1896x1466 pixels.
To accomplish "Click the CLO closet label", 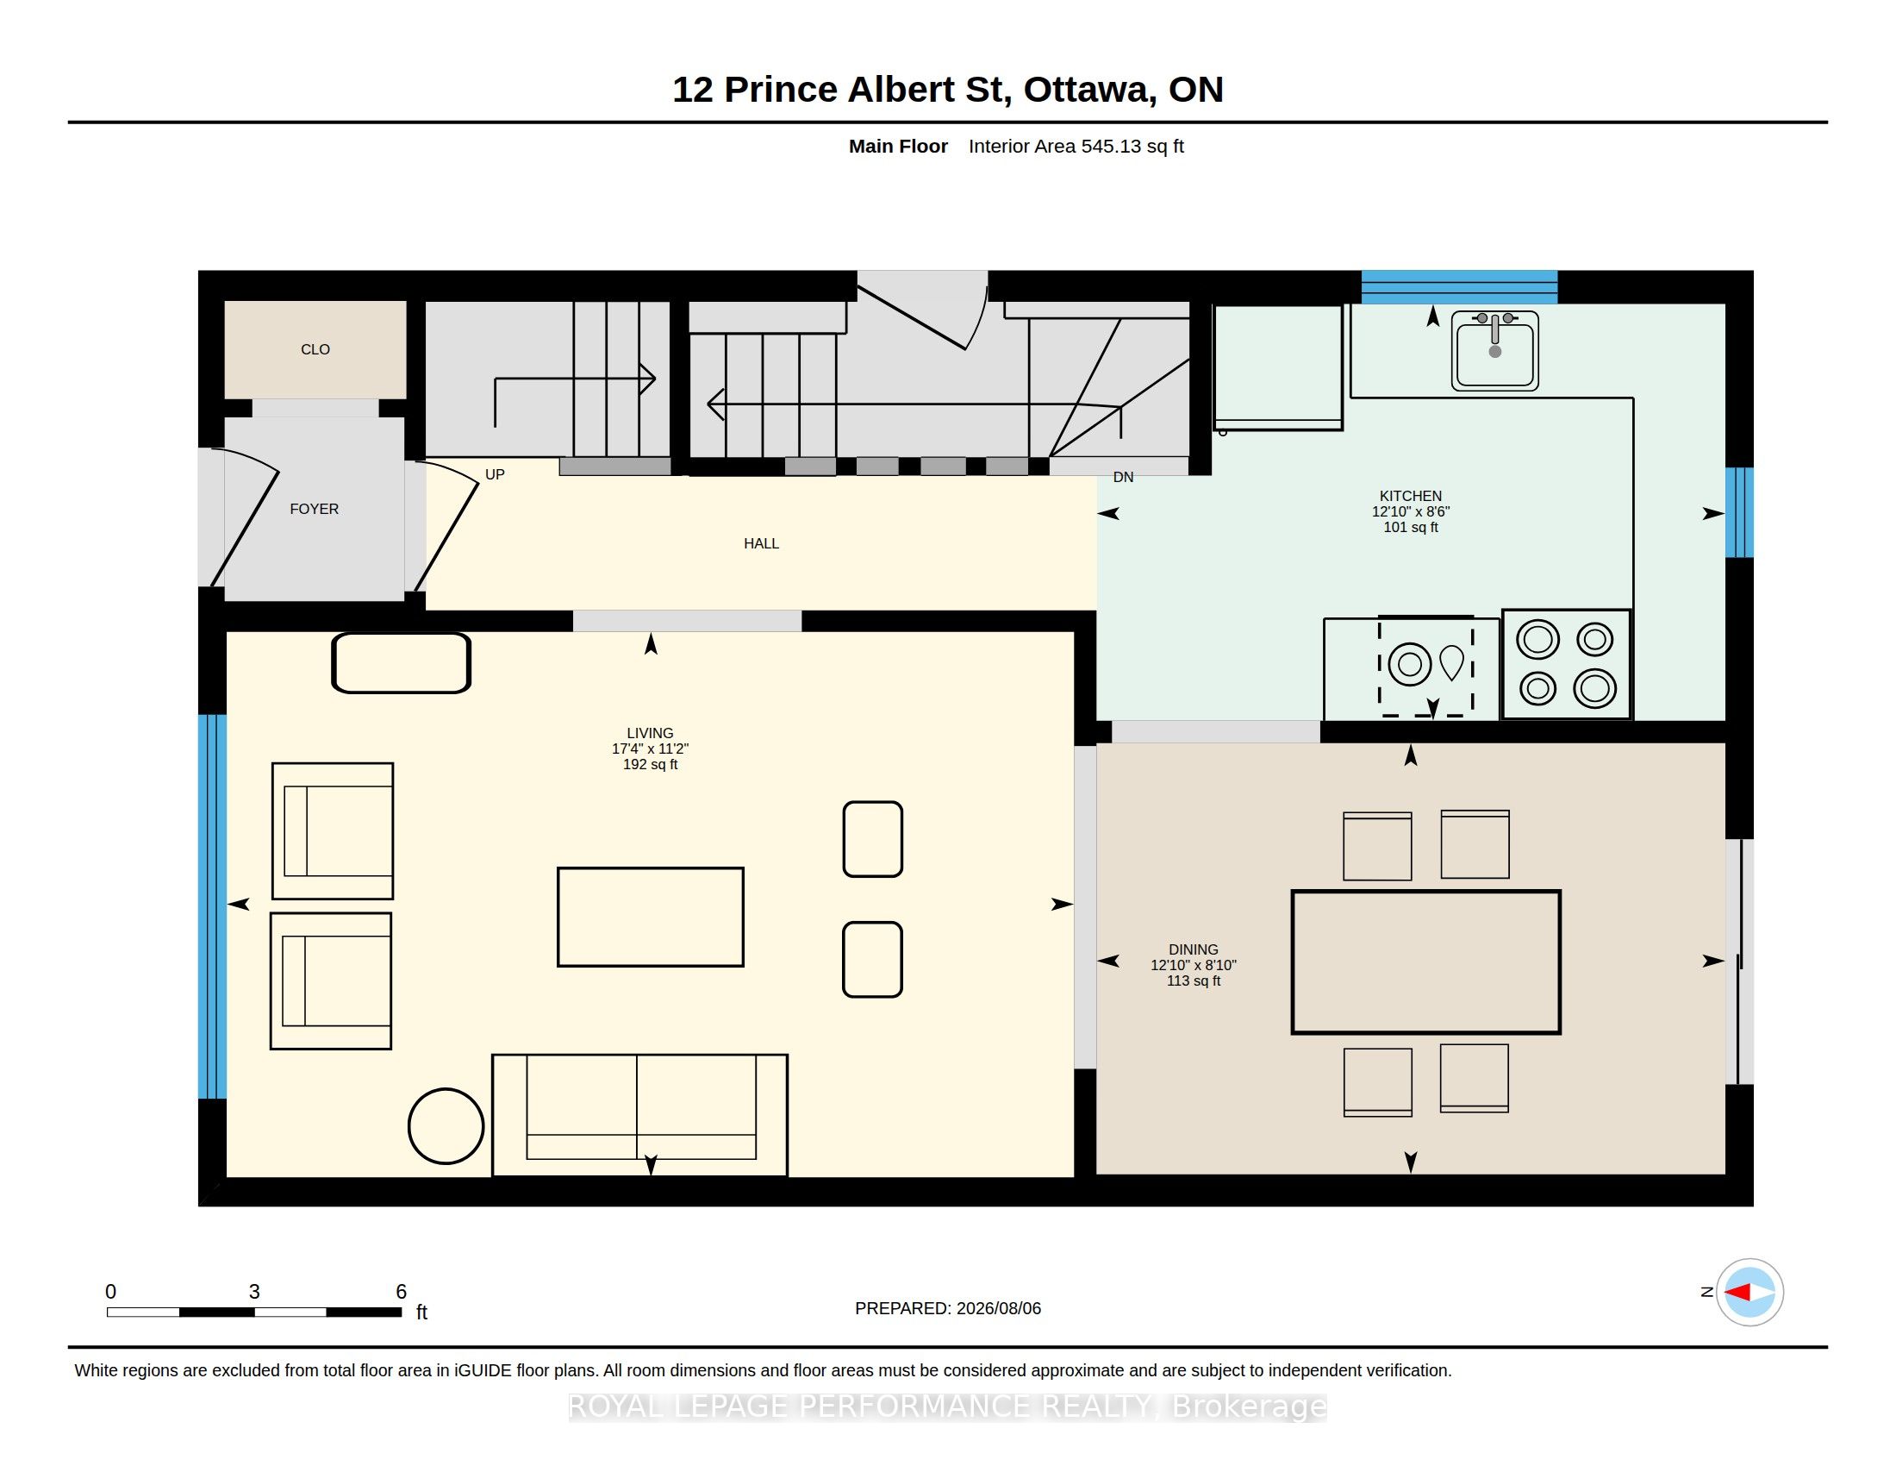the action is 315,349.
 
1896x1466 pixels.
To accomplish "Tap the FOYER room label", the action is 315,509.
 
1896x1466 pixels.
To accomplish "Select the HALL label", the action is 761,543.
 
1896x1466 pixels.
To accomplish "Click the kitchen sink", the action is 1495,351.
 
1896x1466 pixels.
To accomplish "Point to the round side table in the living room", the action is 446,1125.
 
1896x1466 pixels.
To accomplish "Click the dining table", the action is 1426,962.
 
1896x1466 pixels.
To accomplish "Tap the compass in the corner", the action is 1749,1293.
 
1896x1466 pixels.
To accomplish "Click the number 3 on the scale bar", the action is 254,1292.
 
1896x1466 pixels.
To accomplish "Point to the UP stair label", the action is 495,474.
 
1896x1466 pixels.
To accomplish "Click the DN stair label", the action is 1123,477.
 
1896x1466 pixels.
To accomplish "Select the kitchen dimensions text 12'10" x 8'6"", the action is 1411,511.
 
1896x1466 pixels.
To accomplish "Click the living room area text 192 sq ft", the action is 650,764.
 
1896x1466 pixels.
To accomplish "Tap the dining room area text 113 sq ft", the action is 1194,980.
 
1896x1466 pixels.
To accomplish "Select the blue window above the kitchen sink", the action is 1459,286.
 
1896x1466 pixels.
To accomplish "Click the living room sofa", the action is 639,1115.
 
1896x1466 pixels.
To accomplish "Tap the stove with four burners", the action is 1566,664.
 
